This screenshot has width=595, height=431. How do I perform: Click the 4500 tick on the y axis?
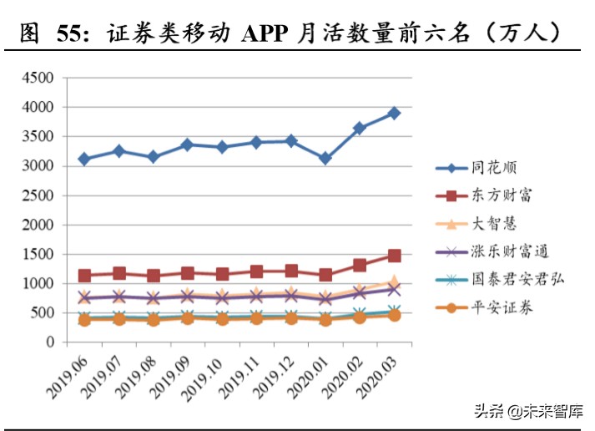38,79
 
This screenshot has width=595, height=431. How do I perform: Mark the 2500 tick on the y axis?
38,195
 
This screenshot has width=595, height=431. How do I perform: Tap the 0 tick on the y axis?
49,342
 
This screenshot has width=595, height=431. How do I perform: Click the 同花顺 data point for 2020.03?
394,113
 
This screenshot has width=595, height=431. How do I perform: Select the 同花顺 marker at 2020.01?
325,158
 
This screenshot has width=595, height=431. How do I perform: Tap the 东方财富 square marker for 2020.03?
394,256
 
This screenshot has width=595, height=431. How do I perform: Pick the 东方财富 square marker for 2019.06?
84,276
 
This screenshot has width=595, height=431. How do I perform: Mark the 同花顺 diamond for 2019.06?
84,159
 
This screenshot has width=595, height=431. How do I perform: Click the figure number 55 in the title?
73,34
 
